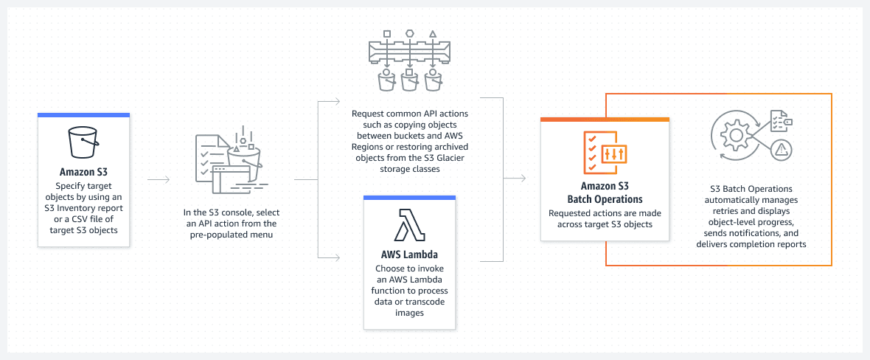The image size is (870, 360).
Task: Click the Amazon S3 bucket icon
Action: click(x=83, y=142)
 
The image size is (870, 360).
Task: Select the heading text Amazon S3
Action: click(x=83, y=173)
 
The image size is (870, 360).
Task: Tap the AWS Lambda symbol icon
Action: click(x=409, y=225)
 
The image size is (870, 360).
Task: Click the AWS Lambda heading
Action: click(x=409, y=255)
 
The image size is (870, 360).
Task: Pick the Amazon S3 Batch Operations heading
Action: click(x=605, y=193)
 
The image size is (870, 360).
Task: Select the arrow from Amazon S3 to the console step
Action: click(x=159, y=179)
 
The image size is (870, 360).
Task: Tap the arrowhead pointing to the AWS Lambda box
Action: click(x=337, y=257)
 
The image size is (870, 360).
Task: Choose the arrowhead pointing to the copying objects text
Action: click(x=337, y=100)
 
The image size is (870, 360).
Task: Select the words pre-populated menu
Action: click(x=230, y=234)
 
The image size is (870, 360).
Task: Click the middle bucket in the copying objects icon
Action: click(x=409, y=80)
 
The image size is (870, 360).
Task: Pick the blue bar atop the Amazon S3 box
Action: click(x=83, y=115)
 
